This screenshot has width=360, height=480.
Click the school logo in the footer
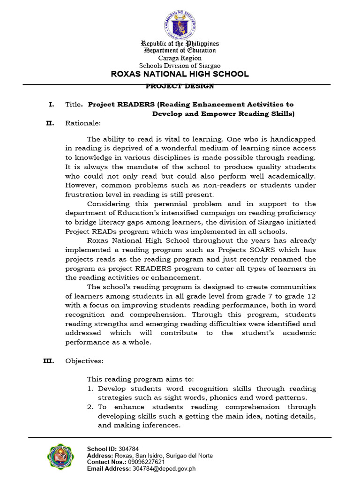pos(61,457)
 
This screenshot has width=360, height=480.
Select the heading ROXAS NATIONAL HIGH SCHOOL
pos(180,74)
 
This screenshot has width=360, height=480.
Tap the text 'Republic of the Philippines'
pos(180,43)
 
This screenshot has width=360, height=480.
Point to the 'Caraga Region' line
pos(180,58)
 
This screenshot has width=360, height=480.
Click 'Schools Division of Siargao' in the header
pos(180,66)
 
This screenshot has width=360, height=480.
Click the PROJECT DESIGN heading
pos(180,86)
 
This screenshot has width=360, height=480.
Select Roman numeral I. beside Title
pos(52,104)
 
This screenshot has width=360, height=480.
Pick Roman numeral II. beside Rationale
pos(50,123)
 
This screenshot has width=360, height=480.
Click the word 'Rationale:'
pos(83,123)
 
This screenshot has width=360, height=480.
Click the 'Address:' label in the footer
pos(100,455)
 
